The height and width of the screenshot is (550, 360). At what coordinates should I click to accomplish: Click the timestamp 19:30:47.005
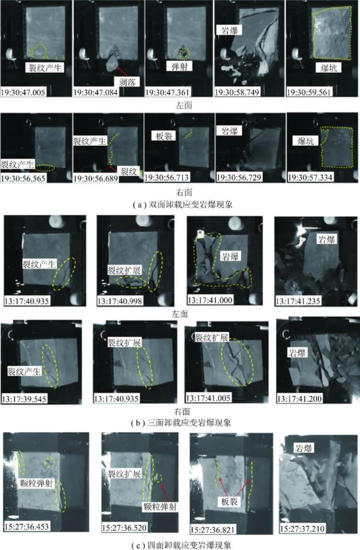click(x=24, y=92)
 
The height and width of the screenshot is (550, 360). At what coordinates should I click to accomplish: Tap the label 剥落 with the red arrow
click(x=127, y=81)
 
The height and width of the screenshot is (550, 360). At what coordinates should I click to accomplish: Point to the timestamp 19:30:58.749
click(x=237, y=92)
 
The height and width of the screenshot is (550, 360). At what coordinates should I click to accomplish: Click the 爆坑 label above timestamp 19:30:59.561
click(x=329, y=67)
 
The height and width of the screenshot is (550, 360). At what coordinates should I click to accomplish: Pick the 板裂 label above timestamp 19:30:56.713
click(x=164, y=136)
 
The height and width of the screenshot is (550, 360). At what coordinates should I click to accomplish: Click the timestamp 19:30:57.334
click(x=310, y=178)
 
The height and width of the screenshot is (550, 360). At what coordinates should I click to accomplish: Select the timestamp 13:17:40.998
click(x=120, y=301)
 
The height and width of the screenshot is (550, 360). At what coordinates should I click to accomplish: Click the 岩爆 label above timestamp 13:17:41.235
click(x=326, y=240)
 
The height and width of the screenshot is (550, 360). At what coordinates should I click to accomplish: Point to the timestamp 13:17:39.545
click(x=25, y=399)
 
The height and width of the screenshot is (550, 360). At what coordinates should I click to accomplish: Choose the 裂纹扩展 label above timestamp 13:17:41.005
click(x=211, y=338)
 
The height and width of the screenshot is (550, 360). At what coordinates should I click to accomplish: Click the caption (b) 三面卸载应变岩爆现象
click(x=181, y=422)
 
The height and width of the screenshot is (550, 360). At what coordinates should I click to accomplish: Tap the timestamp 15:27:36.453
click(x=26, y=526)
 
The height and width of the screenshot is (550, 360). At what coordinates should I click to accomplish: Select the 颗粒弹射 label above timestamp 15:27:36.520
click(x=160, y=507)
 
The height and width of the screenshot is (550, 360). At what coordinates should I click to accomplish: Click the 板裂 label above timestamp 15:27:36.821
click(x=230, y=501)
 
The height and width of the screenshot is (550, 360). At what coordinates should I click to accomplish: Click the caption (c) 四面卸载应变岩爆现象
click(x=181, y=545)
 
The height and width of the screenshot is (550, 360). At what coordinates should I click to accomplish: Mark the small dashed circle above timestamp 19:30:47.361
click(x=184, y=53)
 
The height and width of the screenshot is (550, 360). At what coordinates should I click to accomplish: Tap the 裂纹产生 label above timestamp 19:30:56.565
click(x=17, y=164)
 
